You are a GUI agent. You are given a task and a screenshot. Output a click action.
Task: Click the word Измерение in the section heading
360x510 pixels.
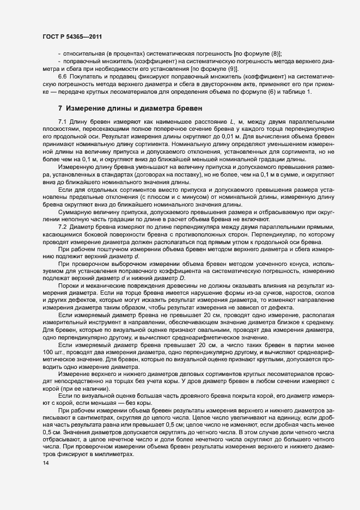(x=87, y=108)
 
